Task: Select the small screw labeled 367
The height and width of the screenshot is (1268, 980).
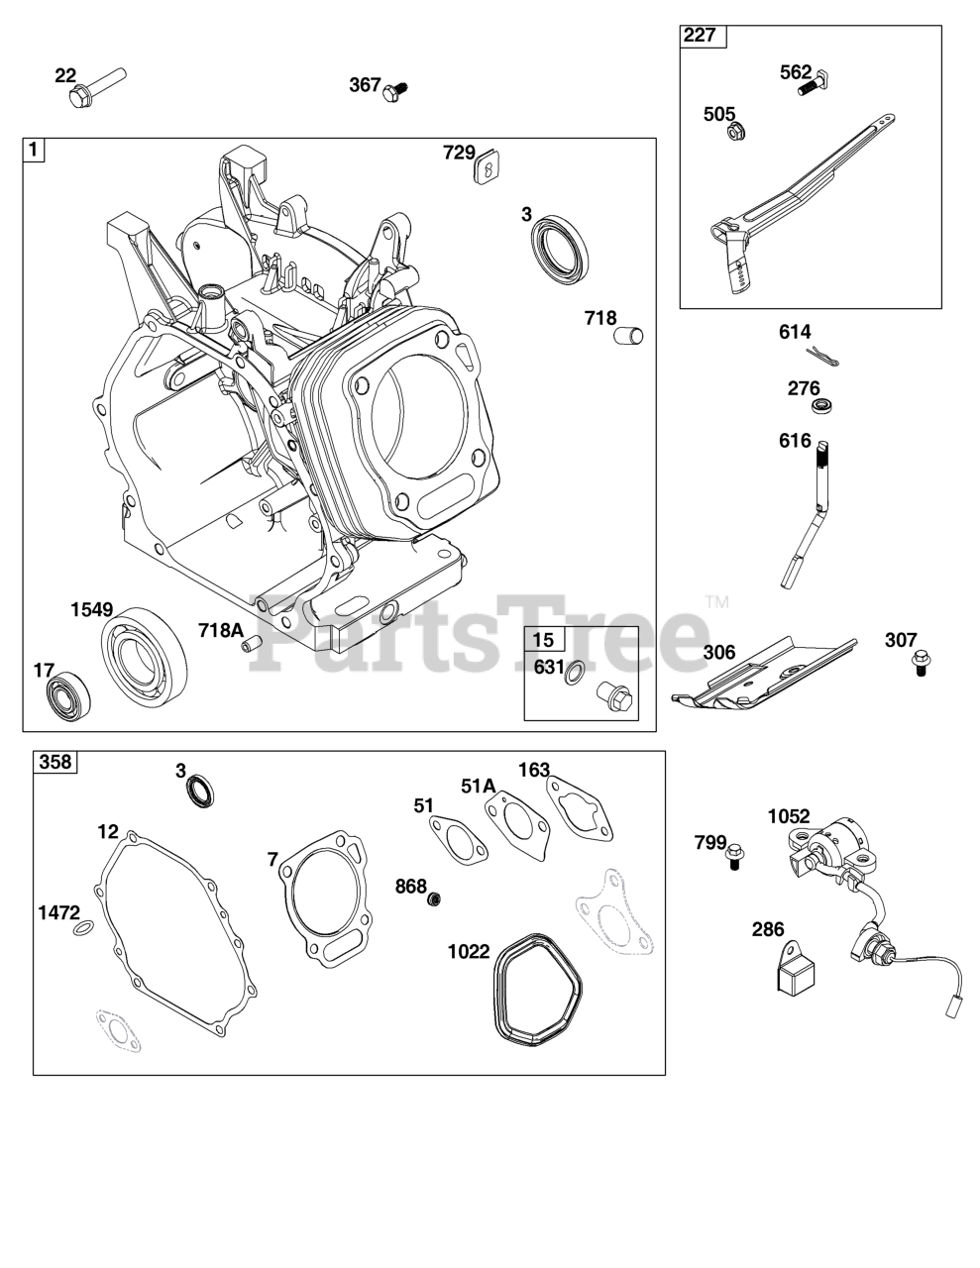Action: (x=397, y=89)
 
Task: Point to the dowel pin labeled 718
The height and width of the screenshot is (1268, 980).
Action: (x=629, y=335)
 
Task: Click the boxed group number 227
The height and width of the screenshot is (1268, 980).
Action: (x=700, y=37)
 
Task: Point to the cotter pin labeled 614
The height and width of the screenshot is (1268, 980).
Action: (x=822, y=358)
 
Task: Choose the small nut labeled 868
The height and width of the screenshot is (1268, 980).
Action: (x=434, y=898)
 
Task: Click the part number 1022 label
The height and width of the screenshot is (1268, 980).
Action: (x=469, y=952)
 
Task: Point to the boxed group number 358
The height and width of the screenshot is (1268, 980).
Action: (x=55, y=762)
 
